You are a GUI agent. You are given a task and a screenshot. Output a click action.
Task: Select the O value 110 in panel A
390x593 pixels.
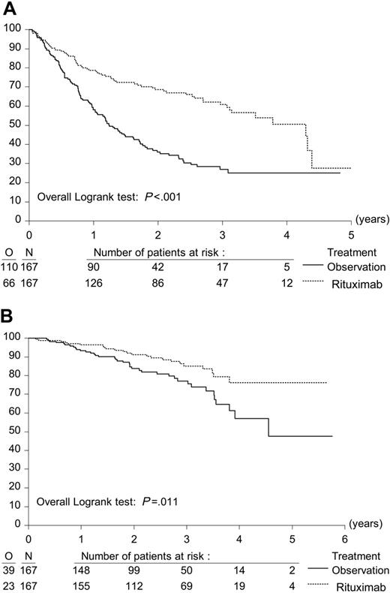10,266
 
